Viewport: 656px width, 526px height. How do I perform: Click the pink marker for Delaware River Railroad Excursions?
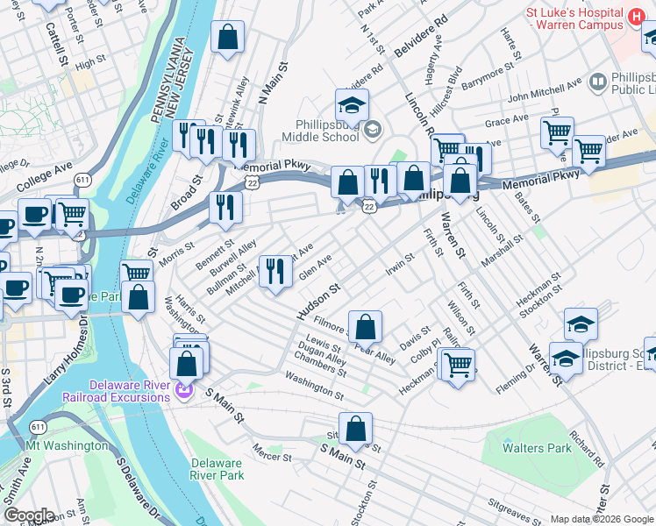pyautogui.click(x=184, y=388)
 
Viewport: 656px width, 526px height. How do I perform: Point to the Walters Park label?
pyautogui.click(x=537, y=448)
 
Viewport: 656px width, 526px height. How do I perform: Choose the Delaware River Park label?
pyautogui.click(x=217, y=469)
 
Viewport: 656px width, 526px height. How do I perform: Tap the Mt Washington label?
pyautogui.click(x=65, y=445)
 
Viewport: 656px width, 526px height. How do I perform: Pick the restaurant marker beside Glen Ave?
pyautogui.click(x=276, y=271)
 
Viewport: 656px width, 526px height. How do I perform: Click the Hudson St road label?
pyautogui.click(x=318, y=300)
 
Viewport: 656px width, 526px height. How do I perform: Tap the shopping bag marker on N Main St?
pyautogui.click(x=227, y=38)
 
